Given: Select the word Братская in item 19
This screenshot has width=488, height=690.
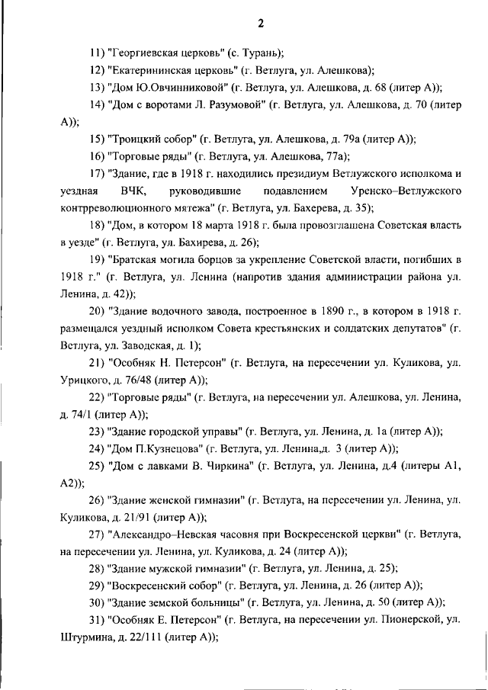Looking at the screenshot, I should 136,260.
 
